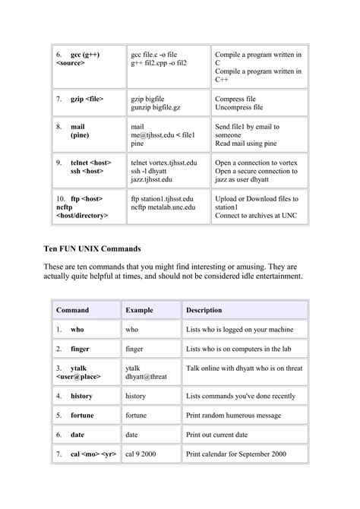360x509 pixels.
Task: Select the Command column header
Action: (71, 310)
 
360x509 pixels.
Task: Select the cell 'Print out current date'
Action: (225, 435)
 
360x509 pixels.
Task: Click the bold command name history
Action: (82, 397)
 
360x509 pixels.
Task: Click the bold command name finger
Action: (81, 349)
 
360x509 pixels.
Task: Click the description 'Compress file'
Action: (239, 100)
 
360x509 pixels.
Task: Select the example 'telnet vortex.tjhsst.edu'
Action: (164, 163)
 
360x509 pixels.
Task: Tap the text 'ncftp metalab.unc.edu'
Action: (163, 207)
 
